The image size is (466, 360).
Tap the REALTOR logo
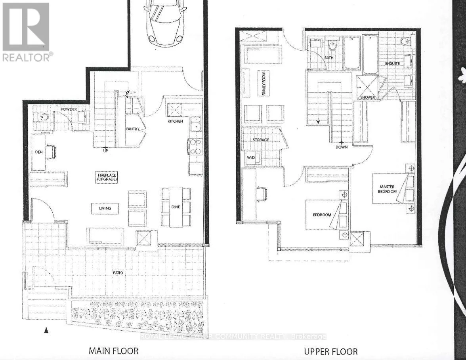click(x=26, y=32)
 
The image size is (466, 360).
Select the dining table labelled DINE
click(x=176, y=207)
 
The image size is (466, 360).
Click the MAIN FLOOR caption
click(x=113, y=351)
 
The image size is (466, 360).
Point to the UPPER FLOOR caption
click(x=330, y=351)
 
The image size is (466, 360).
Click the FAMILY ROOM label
click(x=262, y=83)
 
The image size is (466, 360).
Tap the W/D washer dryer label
click(x=251, y=158)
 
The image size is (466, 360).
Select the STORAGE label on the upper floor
click(x=260, y=140)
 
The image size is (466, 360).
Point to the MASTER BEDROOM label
click(x=388, y=189)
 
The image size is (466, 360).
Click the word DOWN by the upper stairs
click(x=341, y=147)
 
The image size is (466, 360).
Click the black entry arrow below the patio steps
click(x=46, y=330)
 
